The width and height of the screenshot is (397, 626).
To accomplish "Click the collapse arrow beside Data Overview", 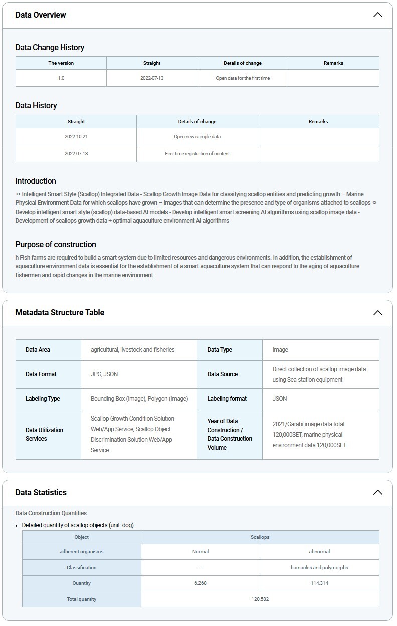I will point(377,15).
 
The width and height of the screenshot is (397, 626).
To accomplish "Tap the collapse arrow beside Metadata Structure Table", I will point(377,313).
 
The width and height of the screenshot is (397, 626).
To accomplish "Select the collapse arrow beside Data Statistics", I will point(377,493).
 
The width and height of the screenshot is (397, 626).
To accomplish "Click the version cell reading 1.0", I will point(61,78).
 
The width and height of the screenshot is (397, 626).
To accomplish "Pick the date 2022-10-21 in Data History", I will point(76,137).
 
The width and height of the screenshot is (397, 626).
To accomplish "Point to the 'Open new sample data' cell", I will point(197,137).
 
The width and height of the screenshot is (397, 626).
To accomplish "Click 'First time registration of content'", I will point(197,154).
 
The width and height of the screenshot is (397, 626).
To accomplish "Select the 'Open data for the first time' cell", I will point(243,78).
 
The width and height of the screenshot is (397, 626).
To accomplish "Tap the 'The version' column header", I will point(61,63).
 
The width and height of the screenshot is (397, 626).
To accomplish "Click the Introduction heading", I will point(36,181).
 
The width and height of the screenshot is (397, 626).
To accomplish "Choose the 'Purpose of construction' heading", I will point(56,245).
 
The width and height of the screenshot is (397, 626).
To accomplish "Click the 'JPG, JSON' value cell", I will point(104,374).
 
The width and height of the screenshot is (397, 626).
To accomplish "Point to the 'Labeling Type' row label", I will point(43,399).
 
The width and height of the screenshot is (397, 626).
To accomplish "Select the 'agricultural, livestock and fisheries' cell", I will point(133,350).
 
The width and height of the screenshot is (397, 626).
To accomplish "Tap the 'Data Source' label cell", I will point(223,374).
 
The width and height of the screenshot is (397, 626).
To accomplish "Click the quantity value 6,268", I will point(201,583).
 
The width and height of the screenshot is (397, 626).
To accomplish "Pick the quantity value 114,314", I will point(319,583).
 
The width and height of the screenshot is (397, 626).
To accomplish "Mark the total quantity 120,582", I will point(260,599).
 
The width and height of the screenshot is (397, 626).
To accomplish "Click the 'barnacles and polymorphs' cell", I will point(319,568).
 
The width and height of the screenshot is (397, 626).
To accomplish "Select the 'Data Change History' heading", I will point(50,48).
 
